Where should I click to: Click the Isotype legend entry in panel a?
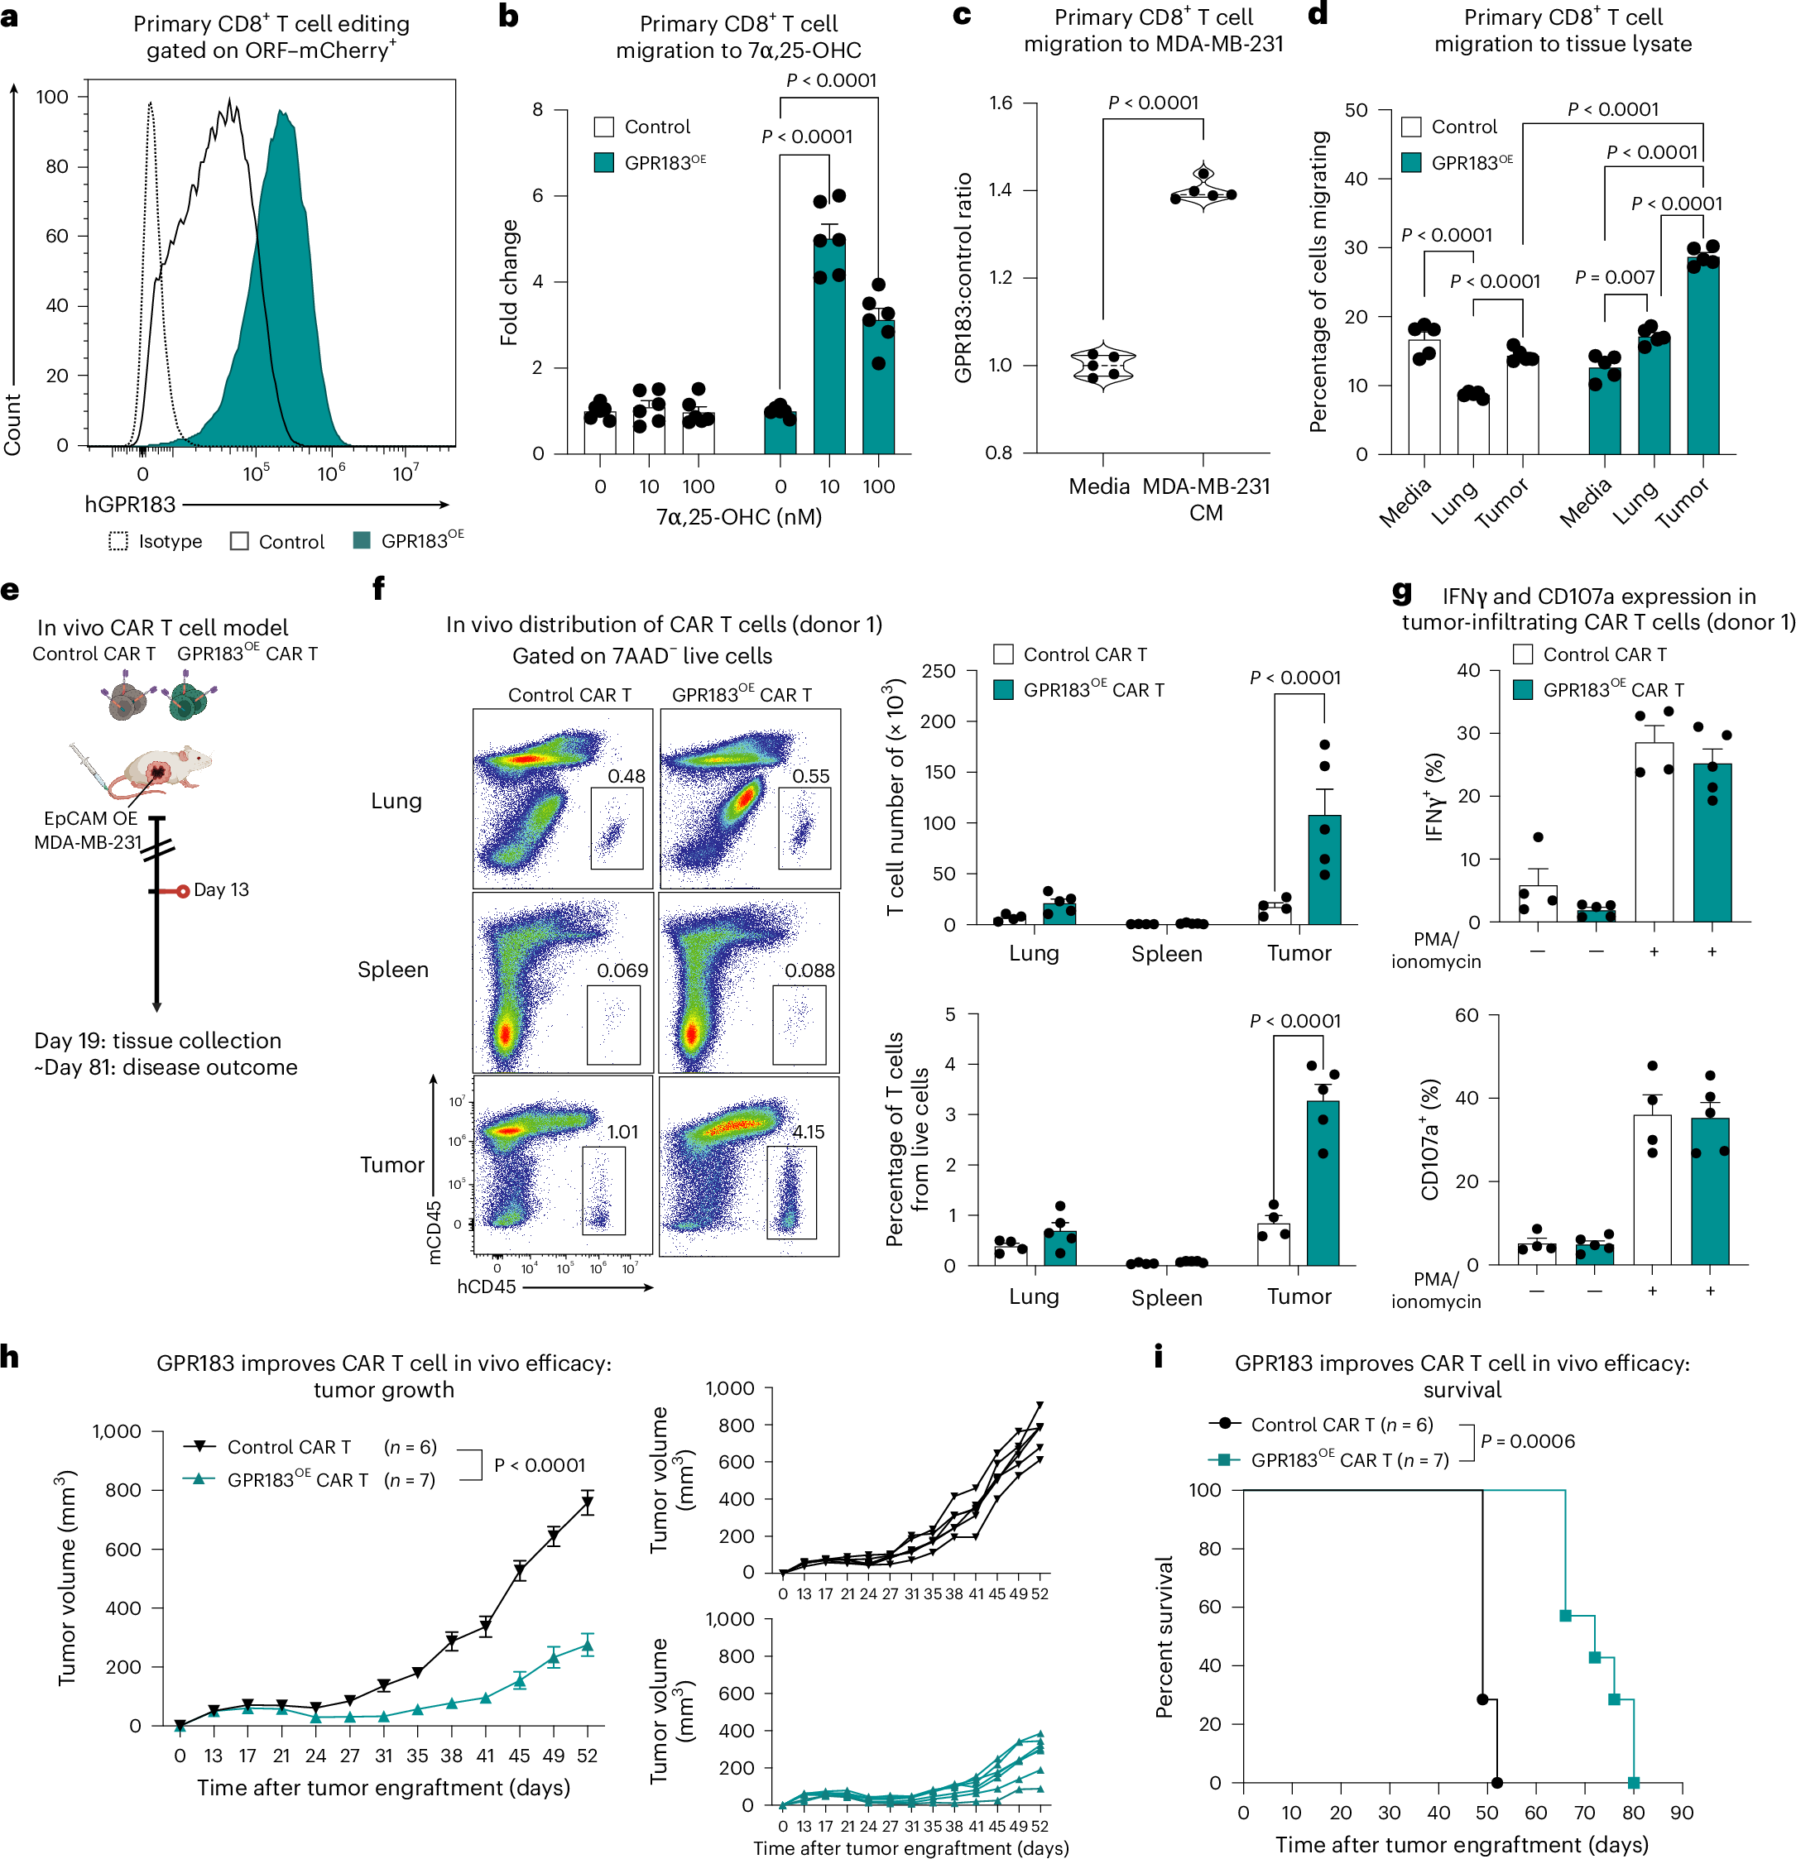156,542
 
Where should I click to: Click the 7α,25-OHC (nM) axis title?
738,517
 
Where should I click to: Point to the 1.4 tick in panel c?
1000,189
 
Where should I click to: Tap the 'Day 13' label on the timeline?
221,889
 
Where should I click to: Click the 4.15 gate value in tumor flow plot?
809,1132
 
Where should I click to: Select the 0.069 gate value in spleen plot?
622,970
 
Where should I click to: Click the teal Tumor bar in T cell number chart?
1324,870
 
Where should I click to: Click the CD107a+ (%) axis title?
1430,1139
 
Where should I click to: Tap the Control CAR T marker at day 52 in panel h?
588,1503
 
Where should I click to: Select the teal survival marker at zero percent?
1633,1783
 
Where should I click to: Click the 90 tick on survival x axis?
1681,1813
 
